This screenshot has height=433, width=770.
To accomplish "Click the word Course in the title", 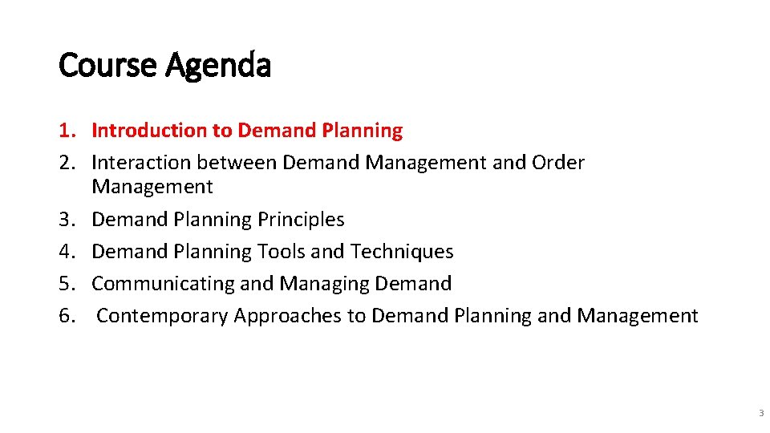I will click(x=108, y=65).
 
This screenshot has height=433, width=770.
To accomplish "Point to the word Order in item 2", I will click(x=557, y=163).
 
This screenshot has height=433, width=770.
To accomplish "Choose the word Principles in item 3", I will click(x=302, y=220).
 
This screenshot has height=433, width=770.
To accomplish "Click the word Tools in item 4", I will click(x=282, y=252).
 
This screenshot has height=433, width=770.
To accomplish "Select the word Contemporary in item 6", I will click(x=162, y=316).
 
